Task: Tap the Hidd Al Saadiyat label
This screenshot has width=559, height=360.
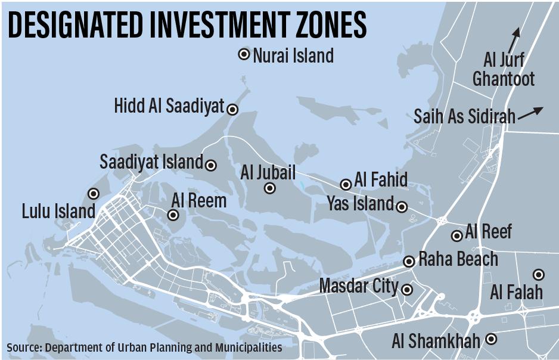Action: point(169,107)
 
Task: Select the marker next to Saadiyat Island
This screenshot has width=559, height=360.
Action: point(211,165)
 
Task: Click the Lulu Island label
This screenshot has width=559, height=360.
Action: point(58,211)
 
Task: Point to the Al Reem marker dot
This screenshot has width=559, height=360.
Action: point(173,215)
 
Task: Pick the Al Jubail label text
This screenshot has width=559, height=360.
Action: point(268,173)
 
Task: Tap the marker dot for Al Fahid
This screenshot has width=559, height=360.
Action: point(346,185)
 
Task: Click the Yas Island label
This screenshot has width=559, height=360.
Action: point(360,204)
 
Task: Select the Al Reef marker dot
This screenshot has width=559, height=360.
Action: point(457,236)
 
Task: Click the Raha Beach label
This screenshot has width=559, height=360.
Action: point(458,259)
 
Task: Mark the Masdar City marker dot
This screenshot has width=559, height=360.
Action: point(407,290)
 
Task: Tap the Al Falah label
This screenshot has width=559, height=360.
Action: point(517,292)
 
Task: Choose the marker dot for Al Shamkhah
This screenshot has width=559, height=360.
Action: point(492,339)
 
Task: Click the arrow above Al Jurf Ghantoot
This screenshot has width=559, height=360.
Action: point(514,39)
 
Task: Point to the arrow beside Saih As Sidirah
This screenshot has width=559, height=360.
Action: point(530,113)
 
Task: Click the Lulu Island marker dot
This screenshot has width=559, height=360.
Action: point(94,193)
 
